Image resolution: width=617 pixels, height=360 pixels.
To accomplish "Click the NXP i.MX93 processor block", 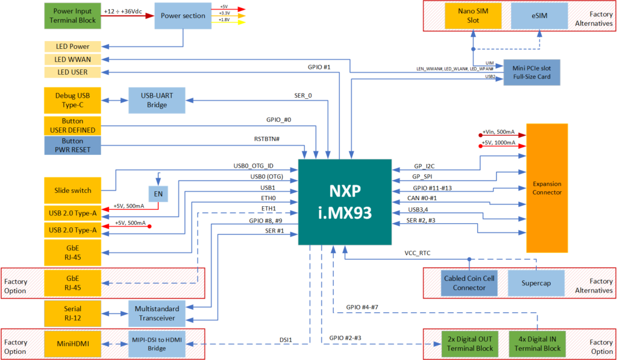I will [x=344, y=202].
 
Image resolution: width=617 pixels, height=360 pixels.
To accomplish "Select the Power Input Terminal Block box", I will [x=72, y=16].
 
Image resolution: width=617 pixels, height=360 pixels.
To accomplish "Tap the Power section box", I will [x=183, y=16].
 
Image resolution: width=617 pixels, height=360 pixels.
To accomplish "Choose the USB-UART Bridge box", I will [x=156, y=101].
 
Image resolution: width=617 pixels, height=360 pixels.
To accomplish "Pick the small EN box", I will [x=158, y=194].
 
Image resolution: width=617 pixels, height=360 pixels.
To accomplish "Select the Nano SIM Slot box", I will [x=473, y=16].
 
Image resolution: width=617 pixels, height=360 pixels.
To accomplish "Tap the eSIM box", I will [x=539, y=16].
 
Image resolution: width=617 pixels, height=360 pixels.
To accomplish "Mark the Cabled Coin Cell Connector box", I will [x=469, y=283].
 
